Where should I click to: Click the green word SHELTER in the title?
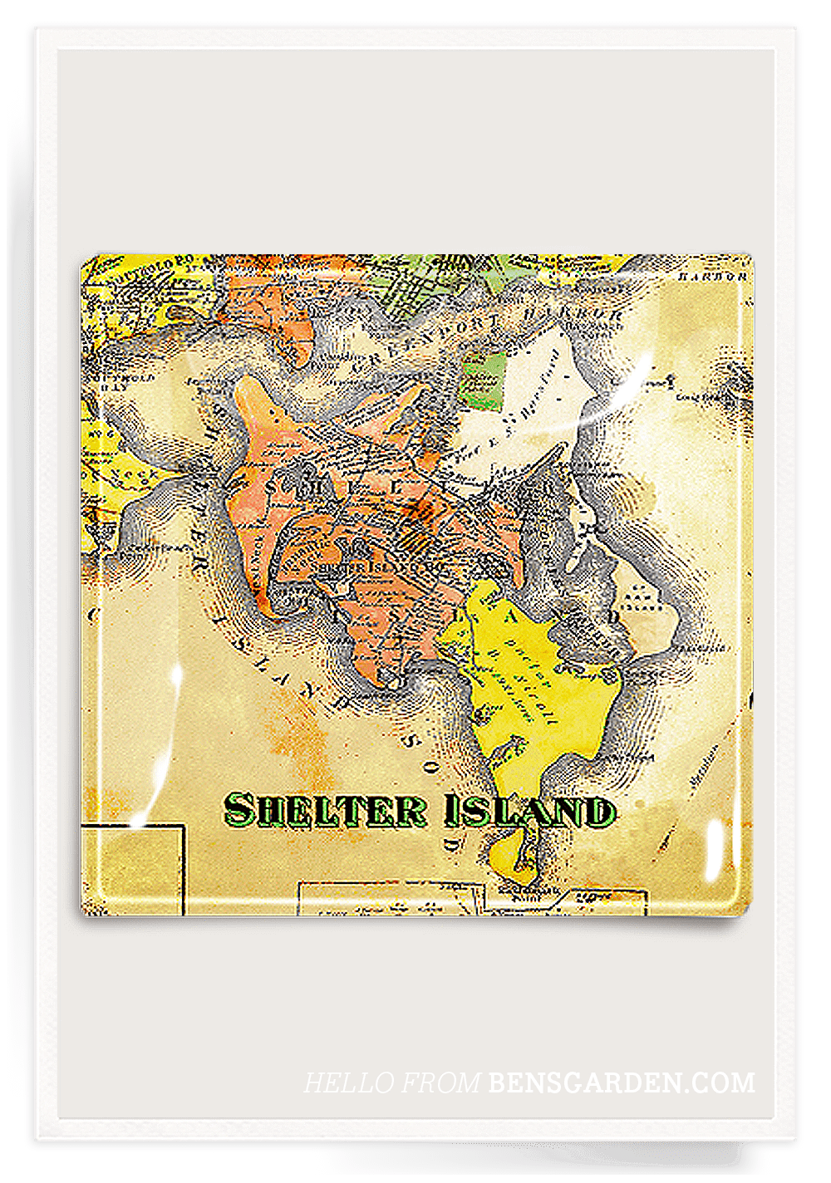[325, 810]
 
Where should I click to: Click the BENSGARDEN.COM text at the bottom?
[622, 1082]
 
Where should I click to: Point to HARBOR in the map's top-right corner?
[712, 277]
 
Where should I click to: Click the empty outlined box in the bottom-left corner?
[133, 868]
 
